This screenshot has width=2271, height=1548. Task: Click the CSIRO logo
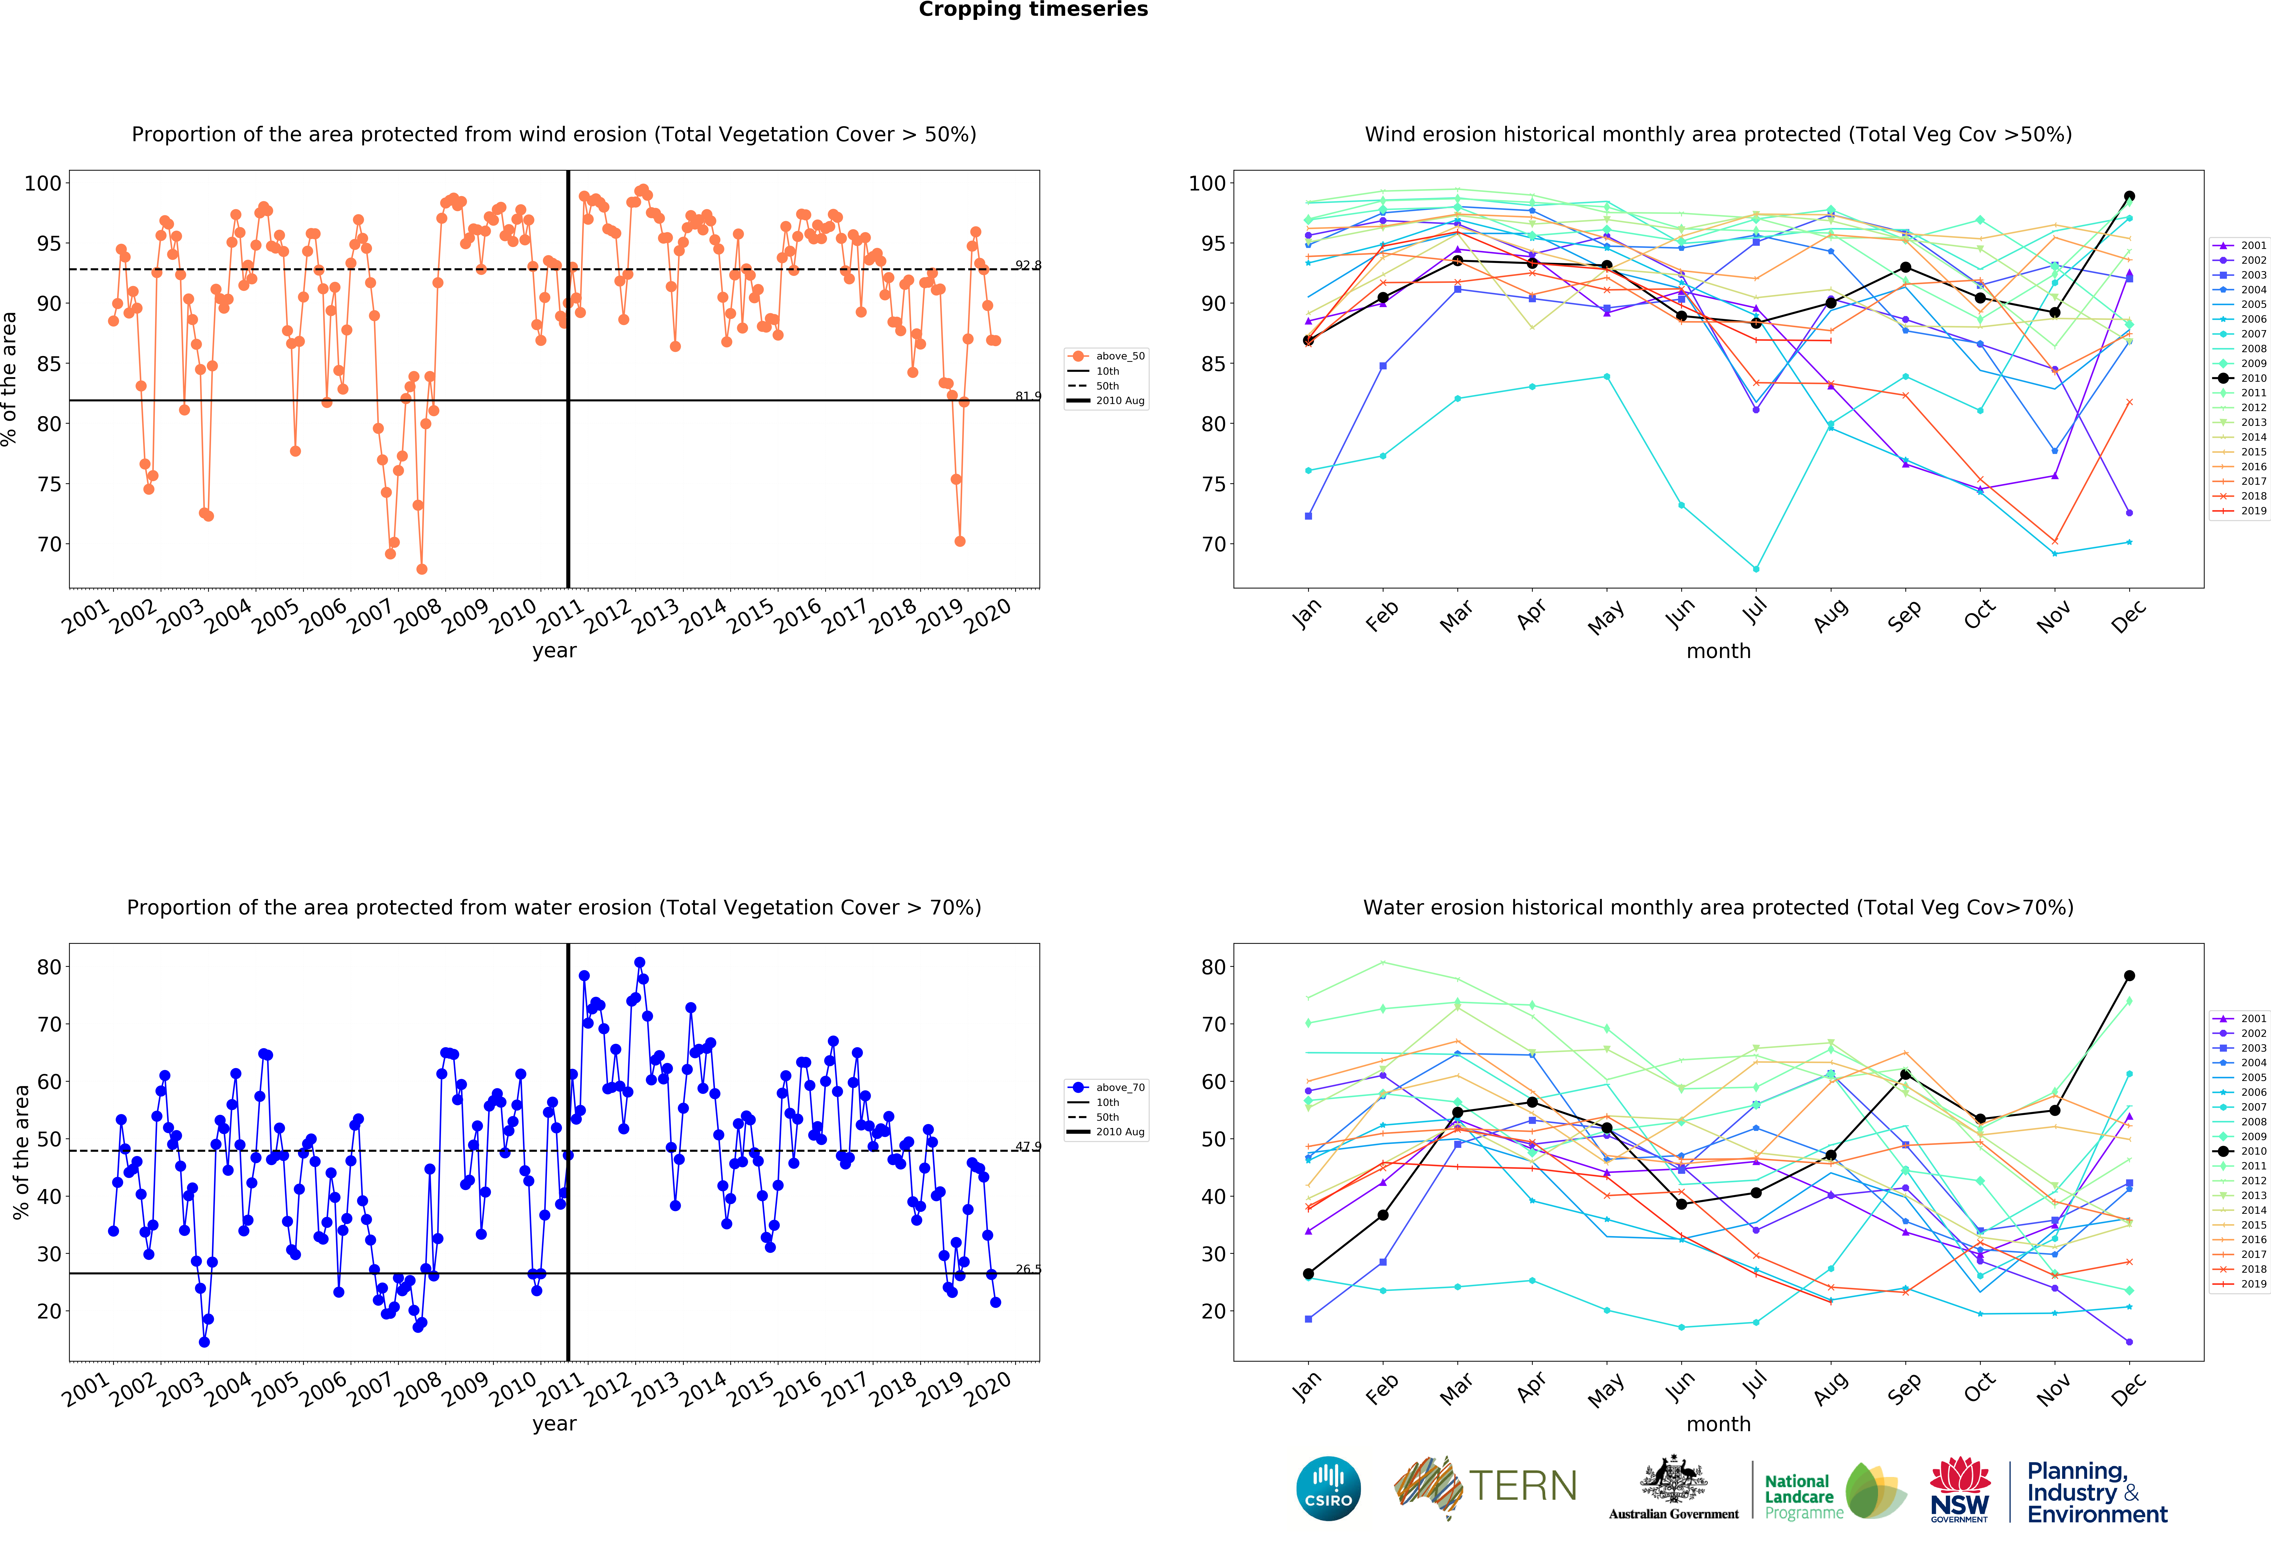click(1328, 1488)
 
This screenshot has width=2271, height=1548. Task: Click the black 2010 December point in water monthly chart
click(2129, 975)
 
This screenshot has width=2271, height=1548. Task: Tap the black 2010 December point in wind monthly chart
click(2129, 196)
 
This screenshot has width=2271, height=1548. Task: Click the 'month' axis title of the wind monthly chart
click(1718, 651)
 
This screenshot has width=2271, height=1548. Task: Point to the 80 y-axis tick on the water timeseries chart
click(49, 967)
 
